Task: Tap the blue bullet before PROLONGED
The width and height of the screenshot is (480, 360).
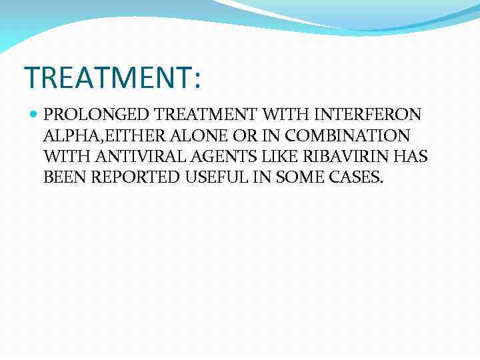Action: tap(34, 115)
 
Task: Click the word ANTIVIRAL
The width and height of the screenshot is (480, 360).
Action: tap(129, 157)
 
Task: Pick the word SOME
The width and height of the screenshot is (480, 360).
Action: tap(287, 177)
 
